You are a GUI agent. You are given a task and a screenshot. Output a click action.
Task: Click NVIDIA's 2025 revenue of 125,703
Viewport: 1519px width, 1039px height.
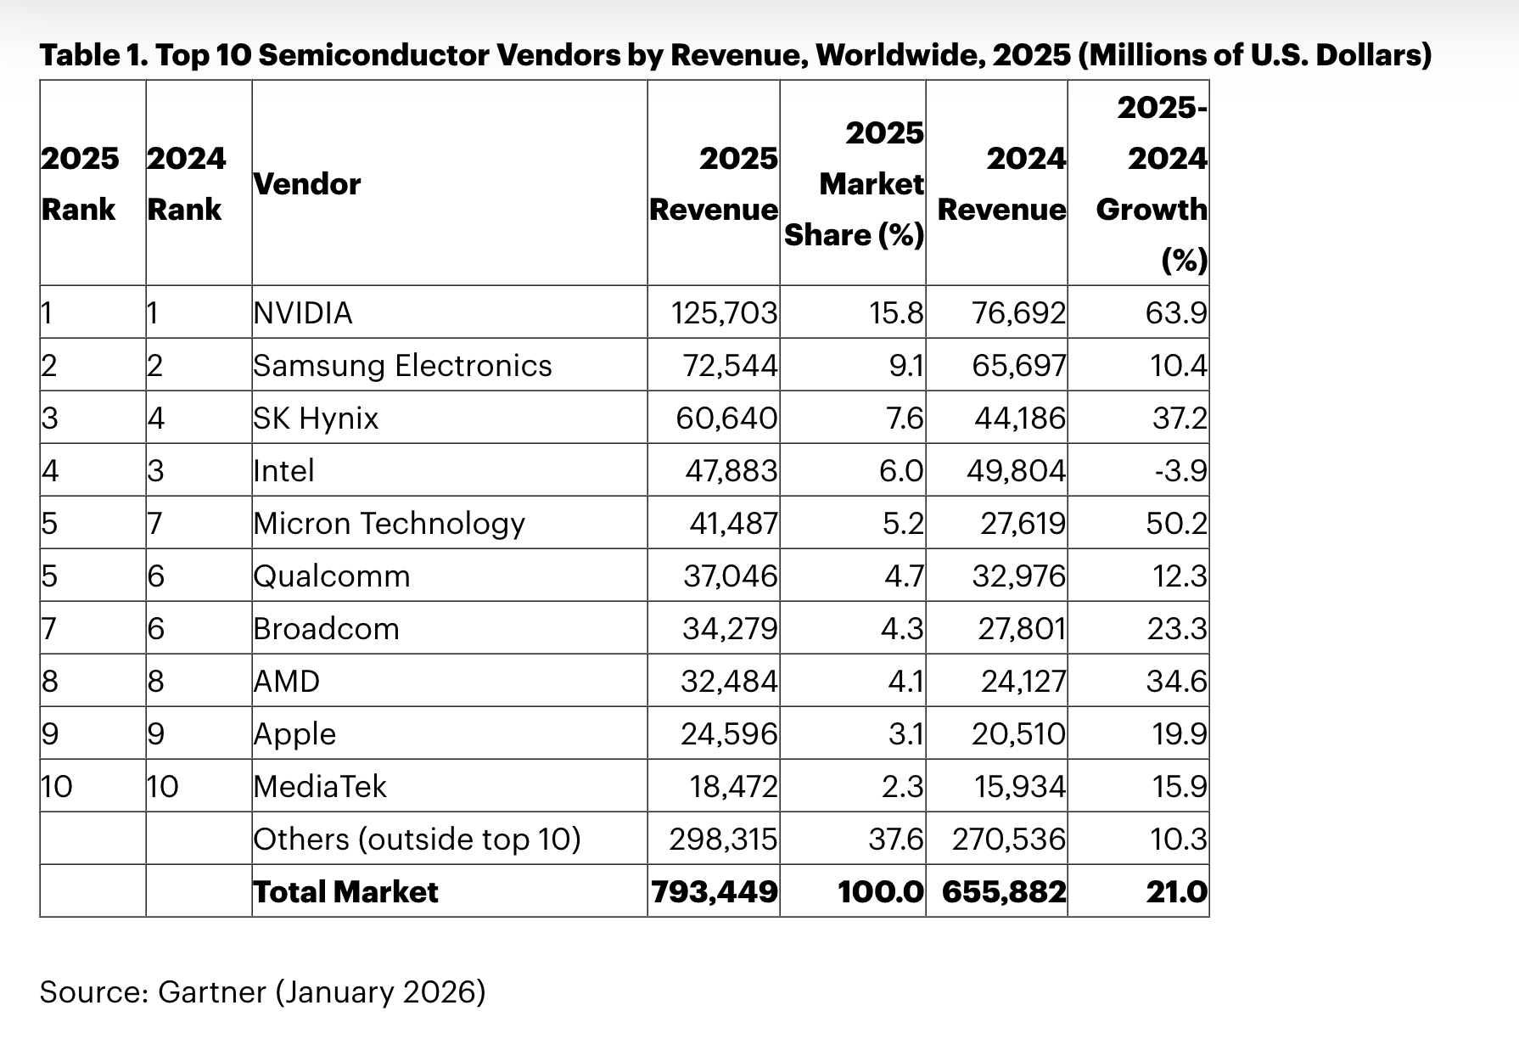724,313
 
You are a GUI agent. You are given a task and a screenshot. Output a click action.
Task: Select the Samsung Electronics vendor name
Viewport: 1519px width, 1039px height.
402,366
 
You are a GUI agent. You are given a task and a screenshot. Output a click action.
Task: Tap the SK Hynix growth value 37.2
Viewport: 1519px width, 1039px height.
1179,418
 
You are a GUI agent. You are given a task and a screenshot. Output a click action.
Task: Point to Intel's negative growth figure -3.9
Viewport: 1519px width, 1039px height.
1180,471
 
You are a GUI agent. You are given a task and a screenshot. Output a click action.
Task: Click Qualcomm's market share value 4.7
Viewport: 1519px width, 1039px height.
902,576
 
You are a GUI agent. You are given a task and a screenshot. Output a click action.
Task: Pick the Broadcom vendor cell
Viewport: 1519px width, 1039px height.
326,629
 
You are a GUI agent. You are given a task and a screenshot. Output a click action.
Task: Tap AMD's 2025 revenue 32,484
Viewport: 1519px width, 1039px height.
728,682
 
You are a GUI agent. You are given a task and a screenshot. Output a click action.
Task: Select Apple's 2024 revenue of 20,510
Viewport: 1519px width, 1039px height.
1018,734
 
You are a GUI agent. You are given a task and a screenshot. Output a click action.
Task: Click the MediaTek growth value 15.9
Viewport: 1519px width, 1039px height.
1179,787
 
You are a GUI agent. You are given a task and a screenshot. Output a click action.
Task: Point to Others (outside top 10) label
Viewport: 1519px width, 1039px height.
417,840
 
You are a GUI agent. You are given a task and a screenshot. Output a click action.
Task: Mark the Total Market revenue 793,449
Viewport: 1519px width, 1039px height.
714,892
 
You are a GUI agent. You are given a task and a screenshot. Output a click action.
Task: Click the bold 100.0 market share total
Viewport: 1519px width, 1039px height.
880,892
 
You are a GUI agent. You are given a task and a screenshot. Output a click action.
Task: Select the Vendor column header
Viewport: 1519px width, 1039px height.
307,184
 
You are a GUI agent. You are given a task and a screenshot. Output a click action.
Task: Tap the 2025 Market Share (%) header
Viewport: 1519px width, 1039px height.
855,184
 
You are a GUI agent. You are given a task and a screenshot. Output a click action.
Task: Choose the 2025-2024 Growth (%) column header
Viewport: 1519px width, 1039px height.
1152,184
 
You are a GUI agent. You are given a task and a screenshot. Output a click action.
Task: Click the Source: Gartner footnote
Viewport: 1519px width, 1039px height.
262,992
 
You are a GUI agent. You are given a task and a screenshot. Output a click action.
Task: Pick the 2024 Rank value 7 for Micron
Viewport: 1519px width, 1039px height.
154,524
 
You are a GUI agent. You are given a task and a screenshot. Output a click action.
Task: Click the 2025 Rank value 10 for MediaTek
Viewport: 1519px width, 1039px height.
57,787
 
